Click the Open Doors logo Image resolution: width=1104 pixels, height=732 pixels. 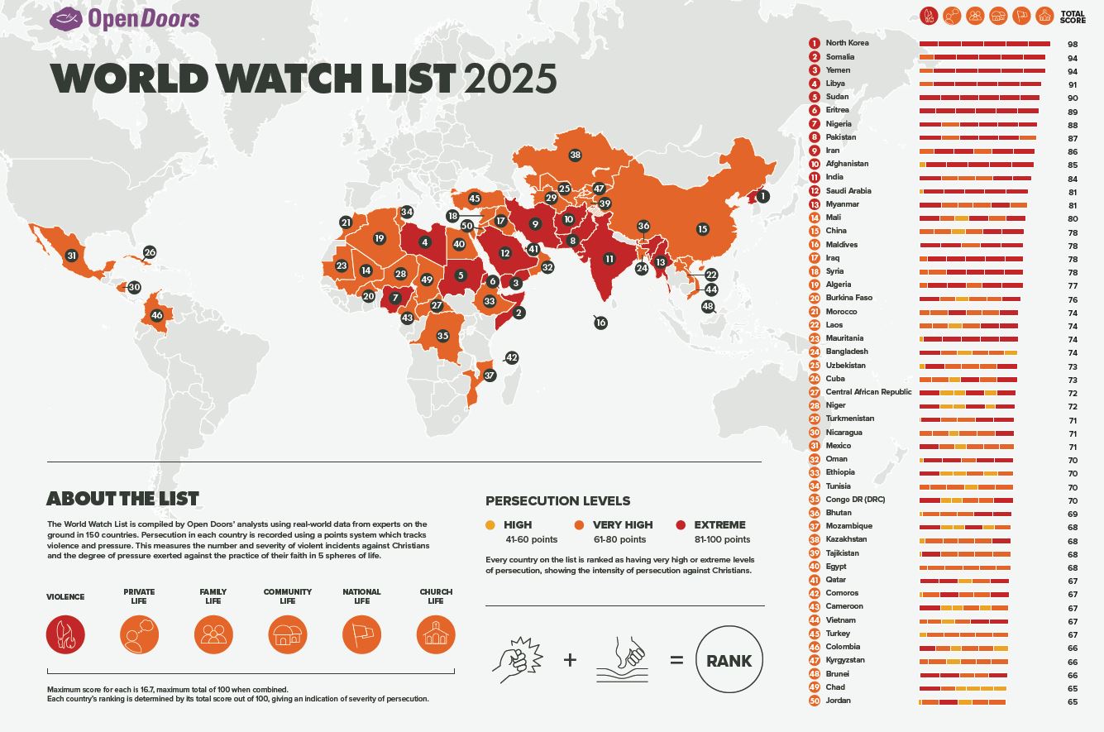(125, 18)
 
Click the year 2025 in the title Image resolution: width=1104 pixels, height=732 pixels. (510, 79)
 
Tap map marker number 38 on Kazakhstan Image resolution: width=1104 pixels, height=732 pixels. (576, 155)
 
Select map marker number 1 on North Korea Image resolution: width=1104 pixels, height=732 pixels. (762, 196)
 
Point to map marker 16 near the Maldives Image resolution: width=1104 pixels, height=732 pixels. (601, 323)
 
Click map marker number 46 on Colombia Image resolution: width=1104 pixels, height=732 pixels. (157, 315)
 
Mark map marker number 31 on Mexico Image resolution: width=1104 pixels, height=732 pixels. (72, 256)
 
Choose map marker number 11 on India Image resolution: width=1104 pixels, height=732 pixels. (609, 259)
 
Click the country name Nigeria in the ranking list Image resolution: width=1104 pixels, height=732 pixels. (838, 123)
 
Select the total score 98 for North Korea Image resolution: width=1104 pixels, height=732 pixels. (1072, 44)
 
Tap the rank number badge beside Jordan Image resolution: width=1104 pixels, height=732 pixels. (815, 701)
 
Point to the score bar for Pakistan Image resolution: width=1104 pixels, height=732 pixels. (977, 137)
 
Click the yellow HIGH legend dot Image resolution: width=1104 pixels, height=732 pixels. (490, 524)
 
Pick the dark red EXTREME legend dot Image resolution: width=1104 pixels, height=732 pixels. (681, 524)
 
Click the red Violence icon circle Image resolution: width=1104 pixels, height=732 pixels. (65, 634)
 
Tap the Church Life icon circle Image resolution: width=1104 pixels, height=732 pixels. (436, 634)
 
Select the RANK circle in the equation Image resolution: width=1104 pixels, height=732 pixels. (729, 660)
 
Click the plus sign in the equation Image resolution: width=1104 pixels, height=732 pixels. (570, 660)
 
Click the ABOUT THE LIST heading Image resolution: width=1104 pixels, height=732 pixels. (122, 499)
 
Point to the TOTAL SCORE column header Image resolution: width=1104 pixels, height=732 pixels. (1073, 17)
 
